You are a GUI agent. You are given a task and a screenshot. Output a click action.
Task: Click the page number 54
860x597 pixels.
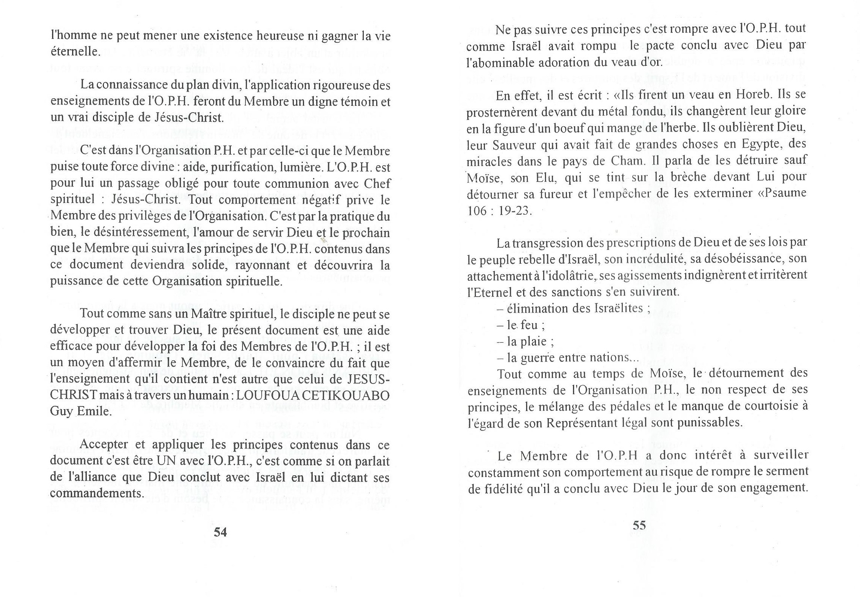(220, 532)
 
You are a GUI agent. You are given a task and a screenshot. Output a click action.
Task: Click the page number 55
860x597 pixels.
(639, 525)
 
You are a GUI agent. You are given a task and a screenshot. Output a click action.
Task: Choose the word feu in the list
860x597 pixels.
(529, 325)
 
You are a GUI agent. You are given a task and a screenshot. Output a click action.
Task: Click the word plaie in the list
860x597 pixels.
(533, 342)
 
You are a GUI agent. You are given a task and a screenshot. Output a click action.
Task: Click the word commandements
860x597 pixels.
(97, 493)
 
